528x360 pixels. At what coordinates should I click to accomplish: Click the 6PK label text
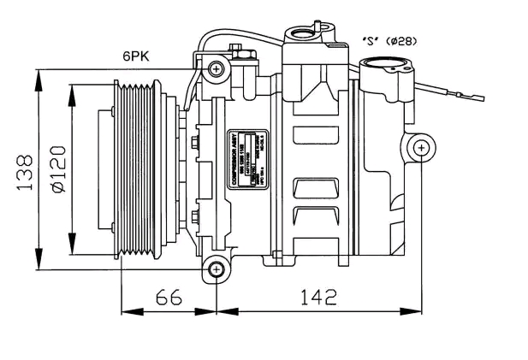135,56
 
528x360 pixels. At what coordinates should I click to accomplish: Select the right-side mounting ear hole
421,149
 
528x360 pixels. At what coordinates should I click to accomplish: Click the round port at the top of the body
304,34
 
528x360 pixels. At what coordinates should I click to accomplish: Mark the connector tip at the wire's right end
465,94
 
